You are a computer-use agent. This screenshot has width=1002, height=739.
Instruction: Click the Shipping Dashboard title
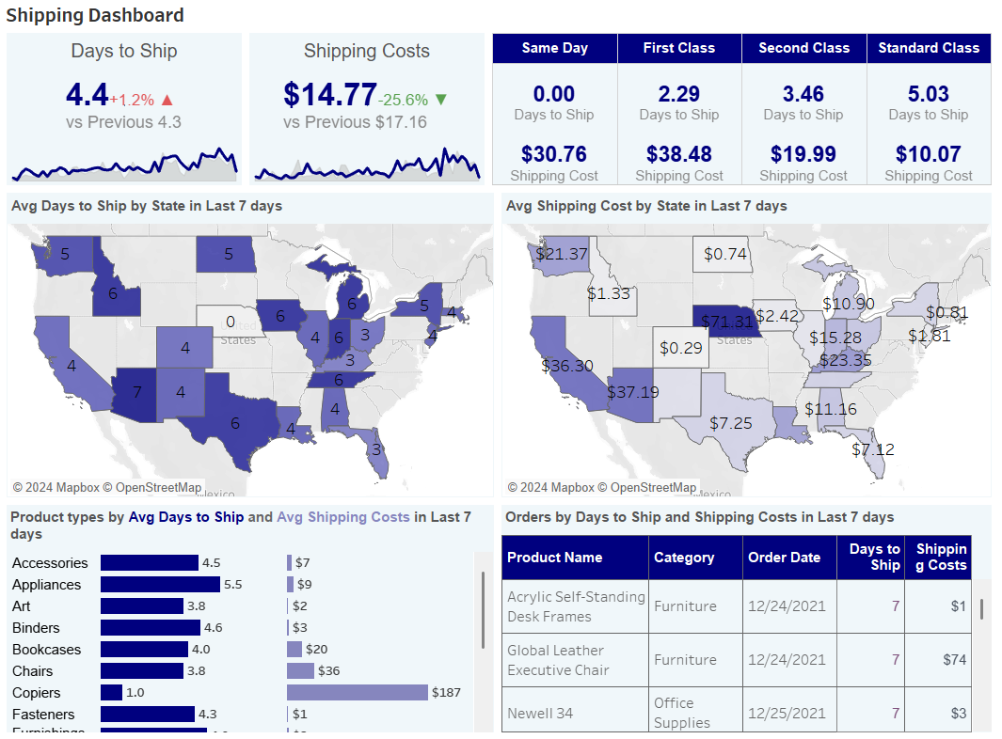95,15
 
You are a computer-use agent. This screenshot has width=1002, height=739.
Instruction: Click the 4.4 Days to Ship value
87,94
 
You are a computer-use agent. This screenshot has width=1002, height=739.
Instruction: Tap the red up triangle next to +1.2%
167,99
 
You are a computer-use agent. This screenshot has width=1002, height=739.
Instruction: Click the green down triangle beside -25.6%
441,99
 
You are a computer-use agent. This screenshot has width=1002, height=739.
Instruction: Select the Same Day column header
554,48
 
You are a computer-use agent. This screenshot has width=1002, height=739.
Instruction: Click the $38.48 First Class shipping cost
678,154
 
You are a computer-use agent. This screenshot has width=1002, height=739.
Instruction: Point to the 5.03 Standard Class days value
928,94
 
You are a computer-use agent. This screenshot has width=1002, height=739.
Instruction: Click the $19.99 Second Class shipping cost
803,154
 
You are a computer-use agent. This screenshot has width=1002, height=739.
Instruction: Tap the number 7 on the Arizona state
137,391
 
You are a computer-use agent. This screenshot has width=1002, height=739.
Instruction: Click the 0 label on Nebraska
230,322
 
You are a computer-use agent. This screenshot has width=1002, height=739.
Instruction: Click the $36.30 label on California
567,366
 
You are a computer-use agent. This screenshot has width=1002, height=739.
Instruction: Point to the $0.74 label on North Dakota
725,254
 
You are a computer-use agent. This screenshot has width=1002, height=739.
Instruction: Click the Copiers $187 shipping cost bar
357,693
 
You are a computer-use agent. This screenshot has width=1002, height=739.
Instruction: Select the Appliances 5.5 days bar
160,584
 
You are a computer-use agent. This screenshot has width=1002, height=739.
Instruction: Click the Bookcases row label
47,650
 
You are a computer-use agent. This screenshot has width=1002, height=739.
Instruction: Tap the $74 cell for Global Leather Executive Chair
954,660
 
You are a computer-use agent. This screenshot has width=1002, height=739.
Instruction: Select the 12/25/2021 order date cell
787,714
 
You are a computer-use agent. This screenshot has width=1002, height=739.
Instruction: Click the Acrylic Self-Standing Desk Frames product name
575,606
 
